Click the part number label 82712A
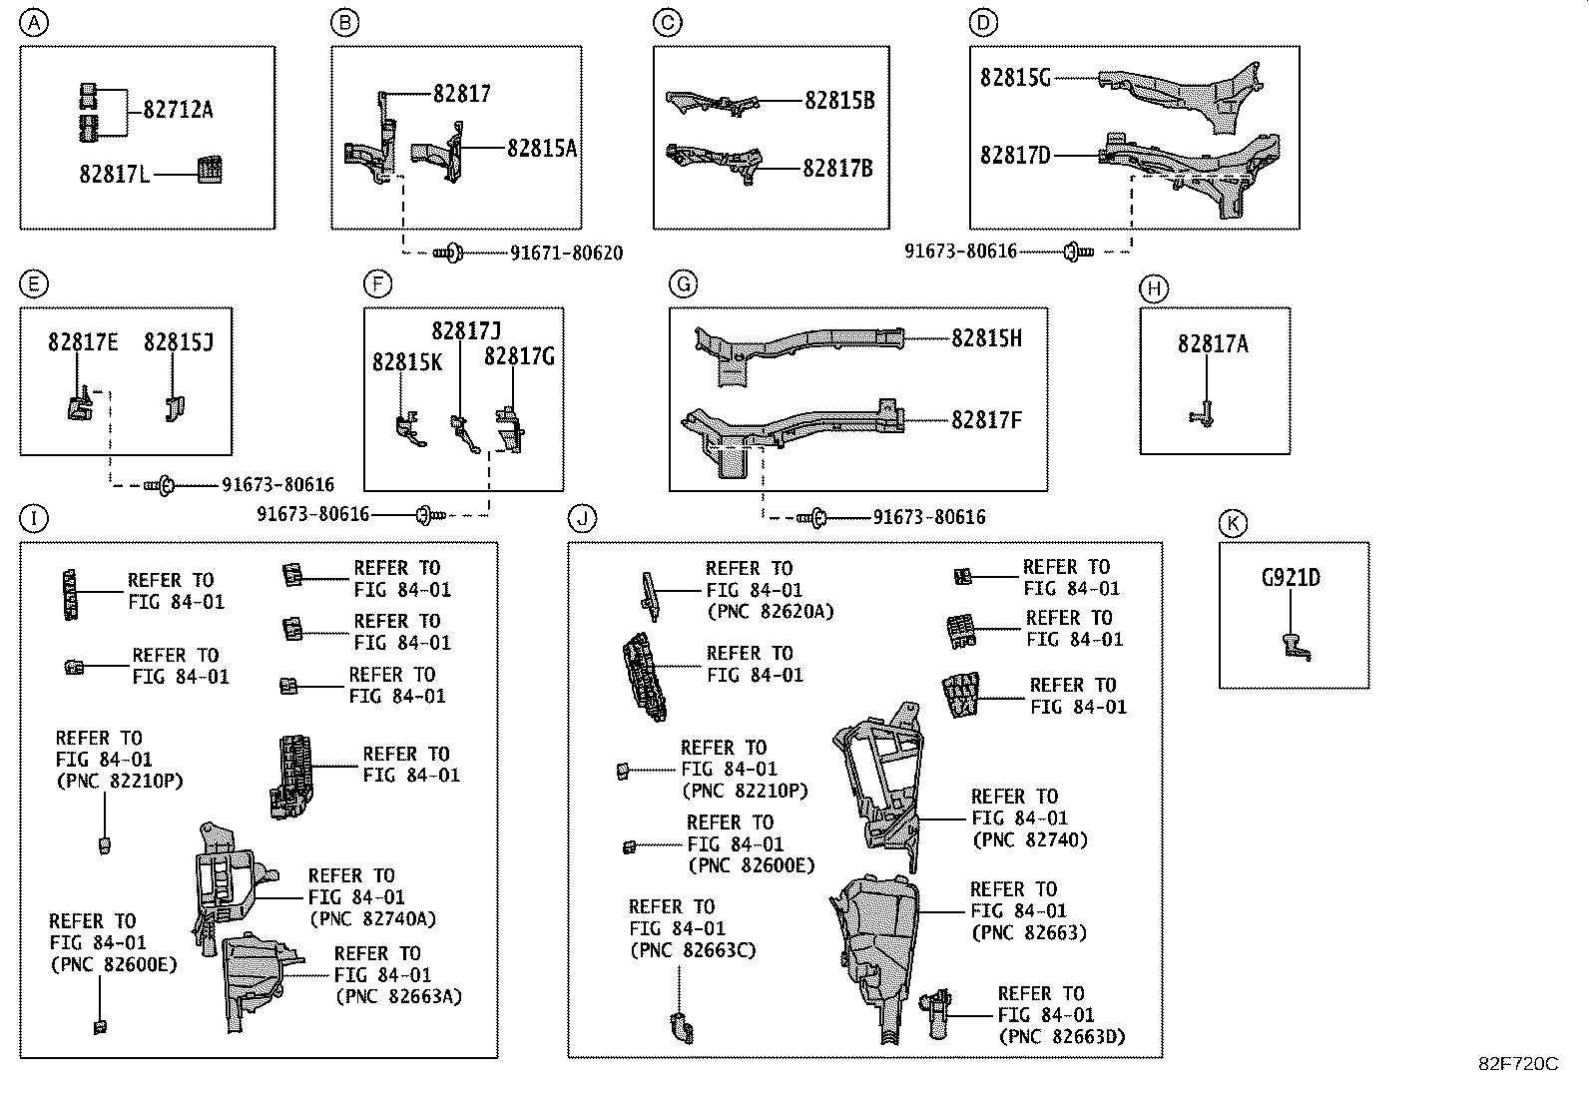click(x=178, y=110)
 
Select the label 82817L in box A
click(x=115, y=175)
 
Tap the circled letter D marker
click(x=983, y=23)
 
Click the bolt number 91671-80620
click(x=566, y=254)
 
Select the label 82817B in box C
click(x=837, y=169)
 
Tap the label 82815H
click(x=986, y=338)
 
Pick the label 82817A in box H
click(x=1213, y=344)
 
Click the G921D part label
click(x=1291, y=578)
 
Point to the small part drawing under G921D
click(x=1294, y=647)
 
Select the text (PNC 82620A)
click(x=769, y=612)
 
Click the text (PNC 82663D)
click(x=1061, y=1037)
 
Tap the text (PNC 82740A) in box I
click(x=372, y=919)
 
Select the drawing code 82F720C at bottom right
click(x=1517, y=1064)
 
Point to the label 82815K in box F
click(x=407, y=362)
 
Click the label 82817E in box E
click(x=83, y=343)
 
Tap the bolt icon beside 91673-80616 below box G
click(x=814, y=517)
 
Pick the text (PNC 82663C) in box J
click(x=692, y=950)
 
